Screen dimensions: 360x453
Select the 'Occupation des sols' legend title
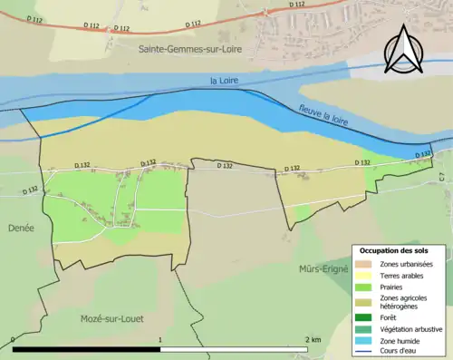pyautogui.click(x=394, y=250)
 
